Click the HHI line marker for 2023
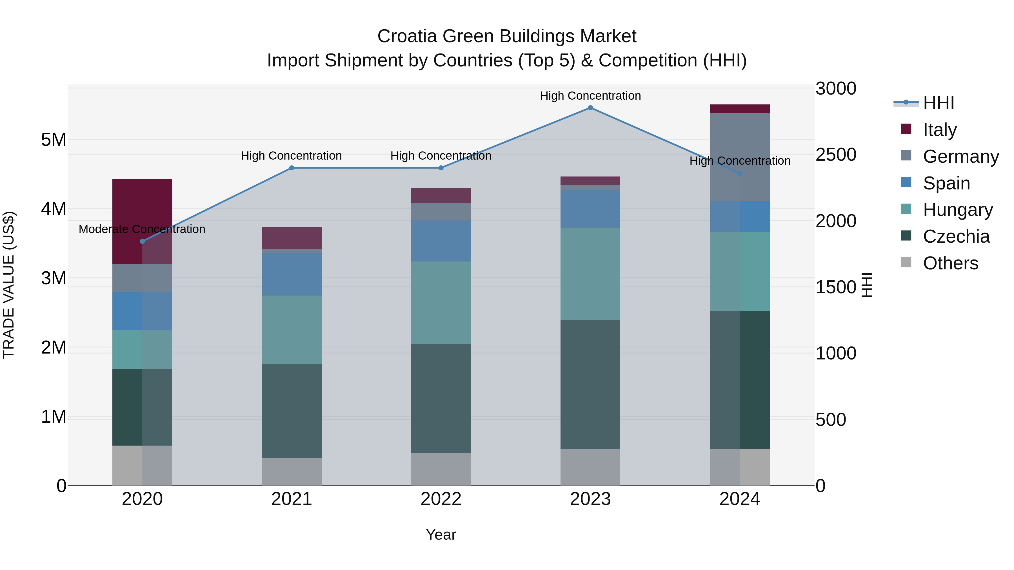[590, 108]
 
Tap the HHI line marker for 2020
[143, 241]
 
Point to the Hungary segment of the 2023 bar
[590, 274]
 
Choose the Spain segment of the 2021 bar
[292, 274]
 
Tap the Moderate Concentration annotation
[142, 229]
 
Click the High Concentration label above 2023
[590, 96]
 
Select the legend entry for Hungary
[957, 210]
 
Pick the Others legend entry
[950, 263]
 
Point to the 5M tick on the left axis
[54, 139]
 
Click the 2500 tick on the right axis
[835, 155]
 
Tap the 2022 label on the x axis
[441, 499]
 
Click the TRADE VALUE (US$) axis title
[9, 285]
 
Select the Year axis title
[441, 535]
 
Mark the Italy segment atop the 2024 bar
[740, 109]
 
